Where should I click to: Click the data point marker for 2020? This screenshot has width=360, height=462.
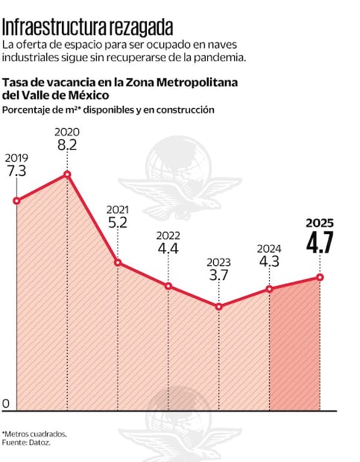[68, 174]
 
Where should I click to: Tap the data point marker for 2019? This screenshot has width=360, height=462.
[17, 200]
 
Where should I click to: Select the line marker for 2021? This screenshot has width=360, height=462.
[118, 262]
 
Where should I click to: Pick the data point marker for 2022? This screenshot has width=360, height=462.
[168, 286]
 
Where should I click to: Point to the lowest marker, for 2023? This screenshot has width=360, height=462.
[219, 306]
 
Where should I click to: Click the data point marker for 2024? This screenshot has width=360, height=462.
[270, 288]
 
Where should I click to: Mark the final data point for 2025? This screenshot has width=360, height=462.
[320, 277]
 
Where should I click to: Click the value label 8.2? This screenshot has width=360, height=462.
[67, 145]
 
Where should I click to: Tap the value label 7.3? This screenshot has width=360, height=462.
[17, 171]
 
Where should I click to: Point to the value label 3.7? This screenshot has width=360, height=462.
[219, 276]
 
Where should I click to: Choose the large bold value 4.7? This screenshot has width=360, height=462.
[320, 244]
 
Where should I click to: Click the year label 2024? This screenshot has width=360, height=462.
[270, 248]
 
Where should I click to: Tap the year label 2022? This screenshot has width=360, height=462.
[168, 235]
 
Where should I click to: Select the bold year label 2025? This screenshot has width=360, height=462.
[320, 223]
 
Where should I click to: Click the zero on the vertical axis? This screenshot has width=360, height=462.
[6, 404]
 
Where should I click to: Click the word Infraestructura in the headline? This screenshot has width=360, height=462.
[54, 28]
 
